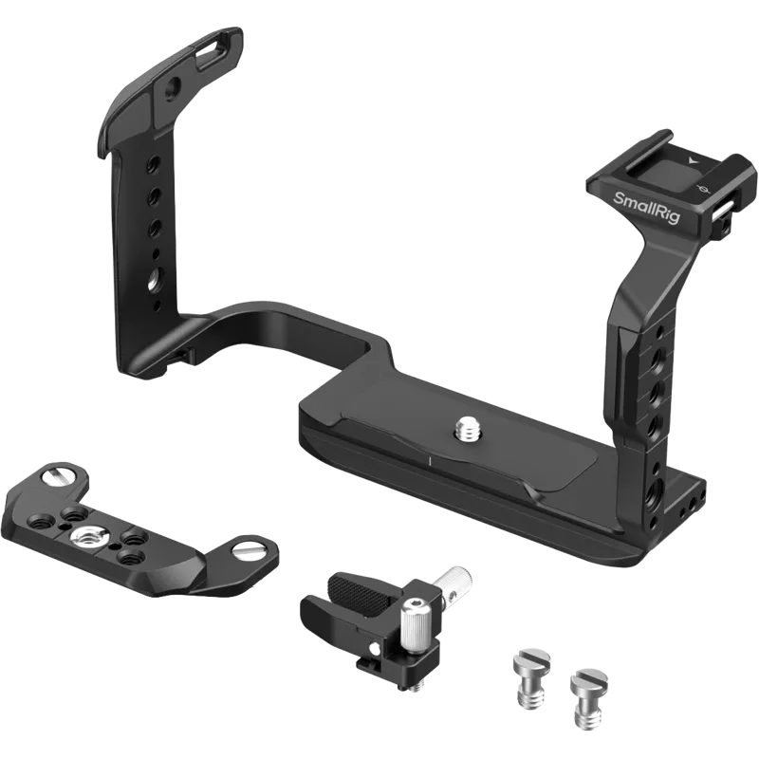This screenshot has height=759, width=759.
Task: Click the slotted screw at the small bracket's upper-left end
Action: coord(58,473)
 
